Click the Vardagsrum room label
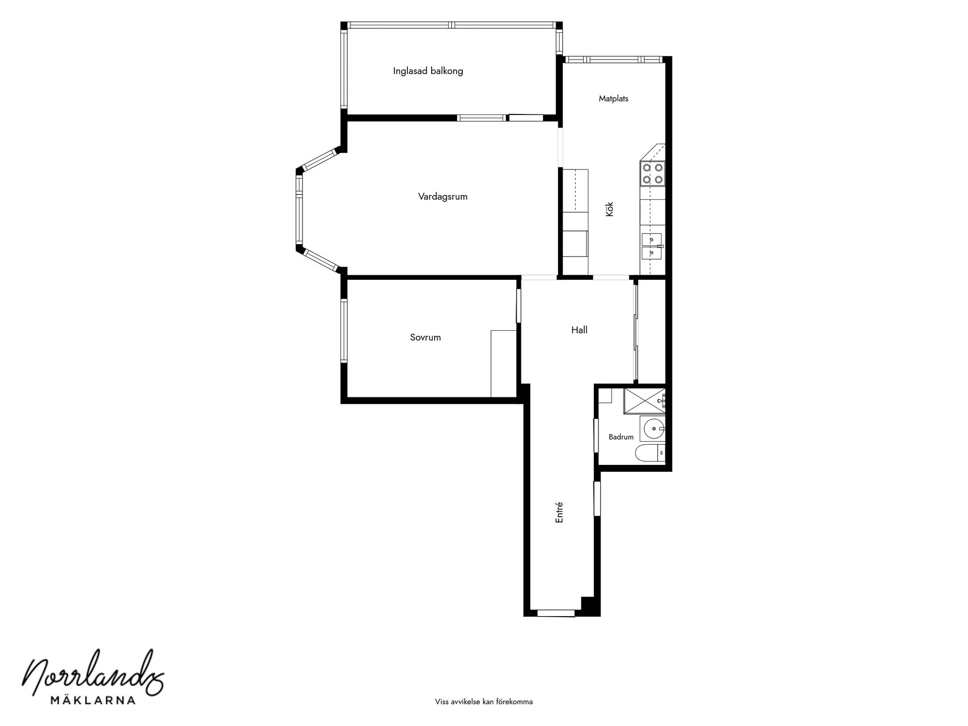443,197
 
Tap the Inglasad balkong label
428,71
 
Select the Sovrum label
426,338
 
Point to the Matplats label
614,99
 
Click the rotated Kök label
610,209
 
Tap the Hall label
579,330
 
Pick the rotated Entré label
559,512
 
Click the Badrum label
621,437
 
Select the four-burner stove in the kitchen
653,173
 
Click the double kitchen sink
652,246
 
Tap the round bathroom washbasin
654,429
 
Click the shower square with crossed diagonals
644,401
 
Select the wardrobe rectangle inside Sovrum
504,364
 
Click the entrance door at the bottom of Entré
556,613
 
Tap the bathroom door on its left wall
596,436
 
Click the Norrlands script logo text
94,672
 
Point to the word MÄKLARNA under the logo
93,700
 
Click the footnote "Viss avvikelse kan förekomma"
484,702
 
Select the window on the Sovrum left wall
344,331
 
